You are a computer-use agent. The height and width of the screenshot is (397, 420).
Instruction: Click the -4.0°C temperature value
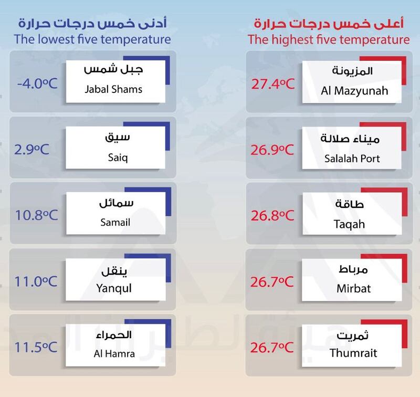[34, 83]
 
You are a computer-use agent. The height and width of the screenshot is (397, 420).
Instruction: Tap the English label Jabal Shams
[113, 89]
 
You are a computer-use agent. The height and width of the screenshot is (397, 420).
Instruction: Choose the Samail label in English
[114, 222]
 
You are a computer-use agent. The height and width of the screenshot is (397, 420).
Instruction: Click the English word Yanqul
[114, 288]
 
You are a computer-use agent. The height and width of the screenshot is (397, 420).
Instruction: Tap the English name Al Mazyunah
[354, 90]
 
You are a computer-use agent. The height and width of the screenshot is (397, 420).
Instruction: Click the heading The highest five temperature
[328, 39]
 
